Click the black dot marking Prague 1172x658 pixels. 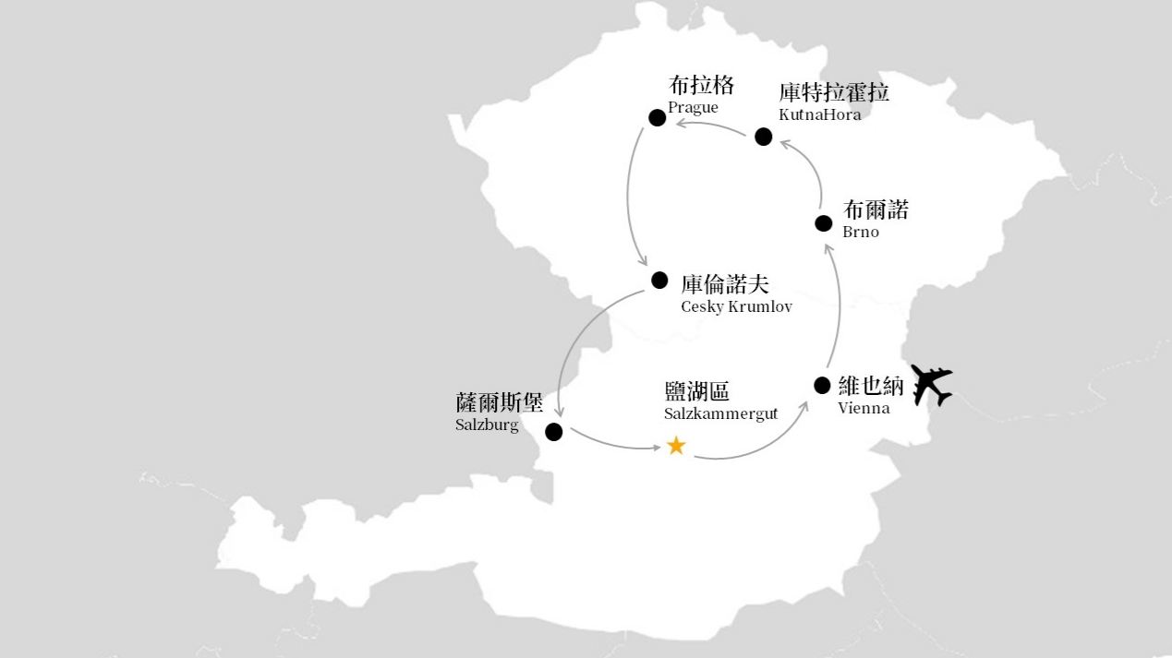[x=658, y=117]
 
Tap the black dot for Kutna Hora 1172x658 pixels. [x=764, y=137]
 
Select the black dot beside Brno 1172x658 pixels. [x=824, y=223]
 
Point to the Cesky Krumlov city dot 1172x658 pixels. [x=659, y=281]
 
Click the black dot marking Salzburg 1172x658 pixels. [x=553, y=432]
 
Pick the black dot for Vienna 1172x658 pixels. [x=822, y=386]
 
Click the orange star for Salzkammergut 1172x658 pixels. [x=676, y=446]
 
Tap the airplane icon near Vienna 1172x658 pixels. [x=931, y=385]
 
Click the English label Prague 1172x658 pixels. [x=693, y=108]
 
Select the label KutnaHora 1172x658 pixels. [x=820, y=114]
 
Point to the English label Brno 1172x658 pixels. [x=861, y=232]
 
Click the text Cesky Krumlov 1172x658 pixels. [x=736, y=306]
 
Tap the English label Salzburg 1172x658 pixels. [x=487, y=425]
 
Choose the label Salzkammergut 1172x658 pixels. [x=721, y=413]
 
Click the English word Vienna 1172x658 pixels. [x=864, y=408]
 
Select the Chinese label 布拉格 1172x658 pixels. [x=701, y=85]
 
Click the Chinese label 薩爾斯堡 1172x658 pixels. [x=499, y=402]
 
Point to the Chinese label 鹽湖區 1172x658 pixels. [x=697, y=391]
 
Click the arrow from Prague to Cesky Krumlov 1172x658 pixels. [x=628, y=197]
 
